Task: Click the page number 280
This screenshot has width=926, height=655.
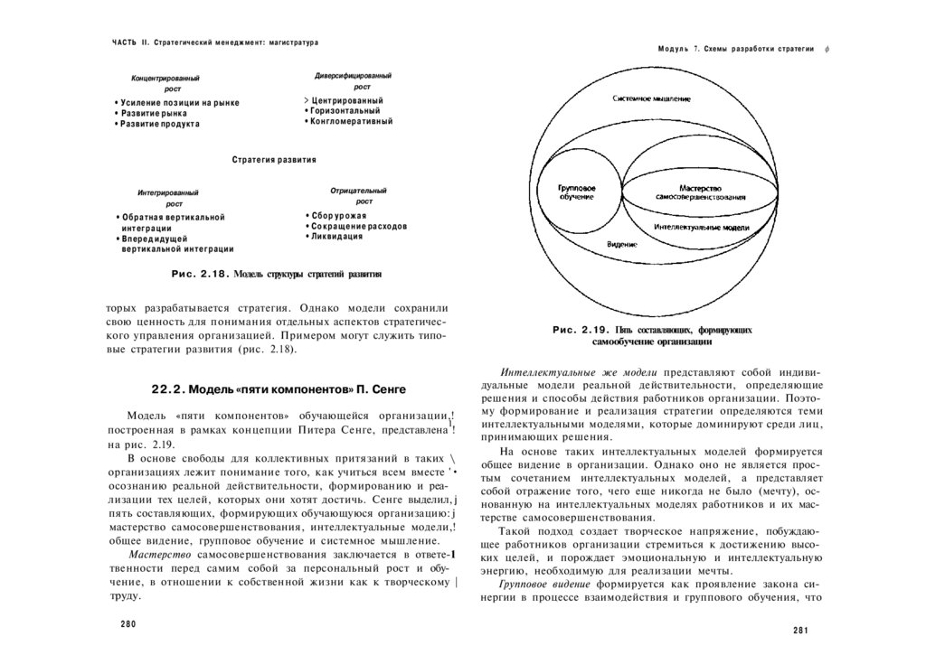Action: pyautogui.click(x=128, y=624)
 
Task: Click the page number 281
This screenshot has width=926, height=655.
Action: pyautogui.click(x=799, y=631)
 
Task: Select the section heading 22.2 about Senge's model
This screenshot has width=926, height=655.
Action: pyautogui.click(x=278, y=389)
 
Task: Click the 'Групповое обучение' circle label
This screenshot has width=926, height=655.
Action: pyautogui.click(x=576, y=192)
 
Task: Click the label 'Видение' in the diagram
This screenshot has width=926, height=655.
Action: pyautogui.click(x=621, y=245)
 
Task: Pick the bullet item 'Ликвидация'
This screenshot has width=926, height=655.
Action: pyautogui.click(x=336, y=237)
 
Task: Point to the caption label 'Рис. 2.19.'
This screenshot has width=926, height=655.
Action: pyautogui.click(x=580, y=331)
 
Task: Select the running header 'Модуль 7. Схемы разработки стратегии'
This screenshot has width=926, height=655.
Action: pyautogui.click(x=736, y=48)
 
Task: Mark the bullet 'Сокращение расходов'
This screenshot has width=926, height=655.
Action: pyautogui.click(x=358, y=226)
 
